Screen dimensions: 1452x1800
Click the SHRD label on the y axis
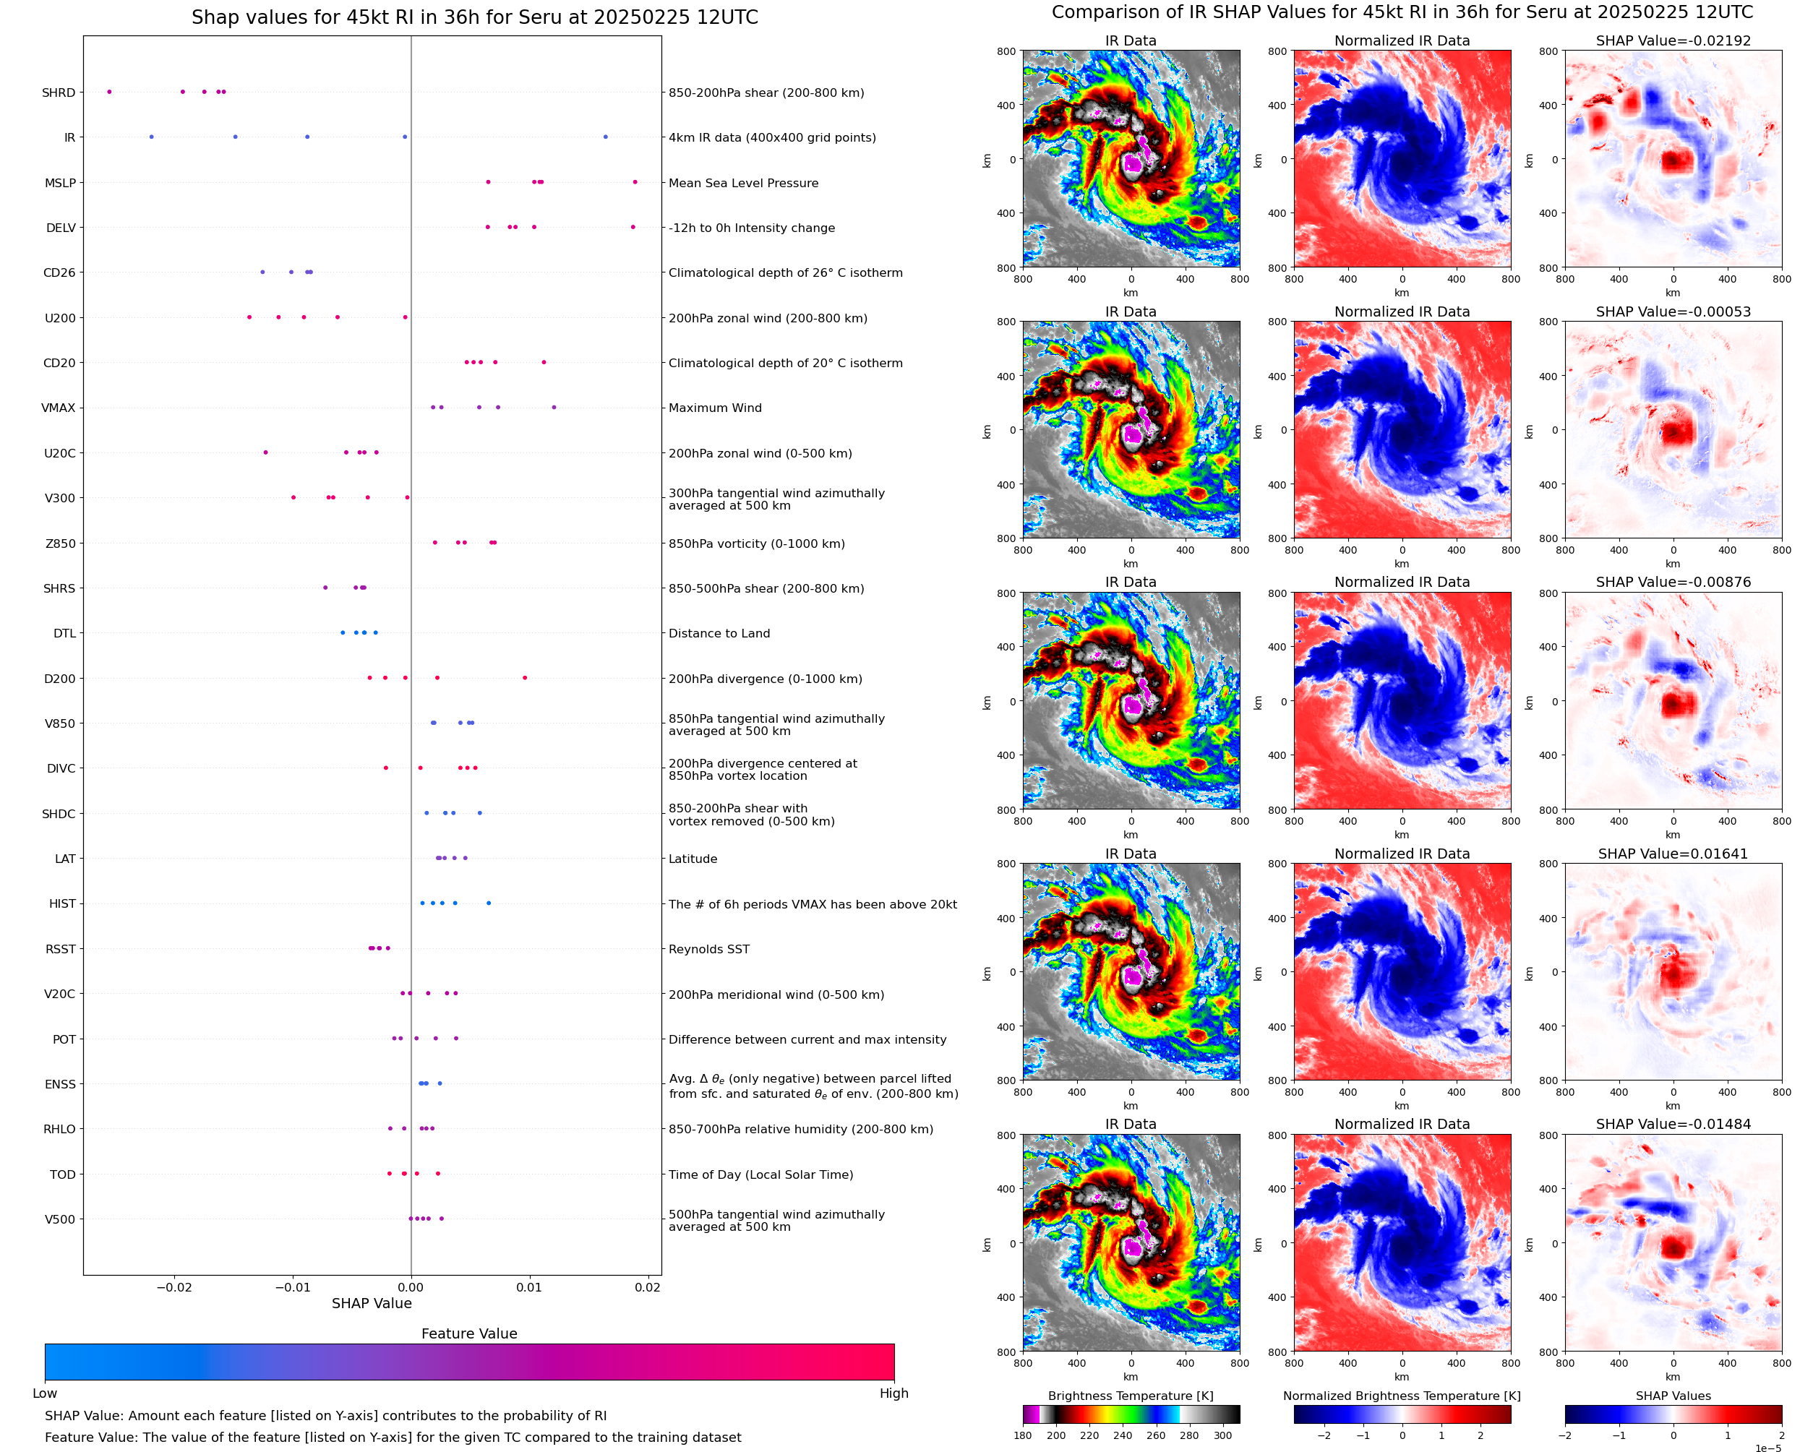point(59,93)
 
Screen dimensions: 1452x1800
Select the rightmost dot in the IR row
point(606,137)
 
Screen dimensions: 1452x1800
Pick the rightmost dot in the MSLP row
point(635,182)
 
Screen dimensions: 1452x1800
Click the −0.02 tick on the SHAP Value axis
point(174,1287)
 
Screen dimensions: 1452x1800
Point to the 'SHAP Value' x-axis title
point(372,1303)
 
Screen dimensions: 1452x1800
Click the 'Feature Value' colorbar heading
point(469,1333)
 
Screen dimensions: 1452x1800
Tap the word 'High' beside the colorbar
point(893,1393)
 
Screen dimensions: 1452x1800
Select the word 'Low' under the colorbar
point(45,1393)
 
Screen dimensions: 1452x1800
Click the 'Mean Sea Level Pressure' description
point(742,183)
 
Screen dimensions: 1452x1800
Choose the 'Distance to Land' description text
point(719,633)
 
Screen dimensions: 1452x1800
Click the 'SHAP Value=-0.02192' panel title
point(1672,40)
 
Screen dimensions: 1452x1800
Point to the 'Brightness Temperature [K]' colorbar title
point(1130,1395)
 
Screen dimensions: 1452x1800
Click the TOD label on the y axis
point(63,1174)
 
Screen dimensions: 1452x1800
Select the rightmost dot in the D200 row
point(524,677)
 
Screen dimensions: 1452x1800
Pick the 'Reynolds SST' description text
point(708,949)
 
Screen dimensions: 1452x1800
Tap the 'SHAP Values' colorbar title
point(1672,1395)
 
